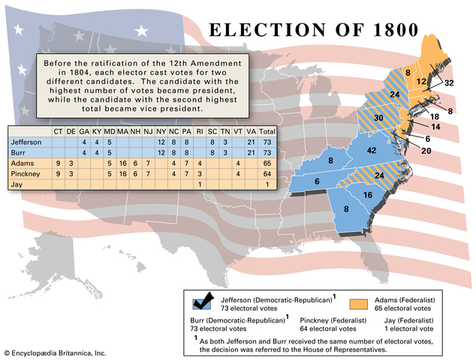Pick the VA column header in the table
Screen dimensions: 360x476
pos(251,131)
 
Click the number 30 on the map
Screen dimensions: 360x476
pos(379,118)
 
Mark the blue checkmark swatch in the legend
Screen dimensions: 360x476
pos(203,302)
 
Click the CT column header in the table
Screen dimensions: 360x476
pos(58,131)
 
